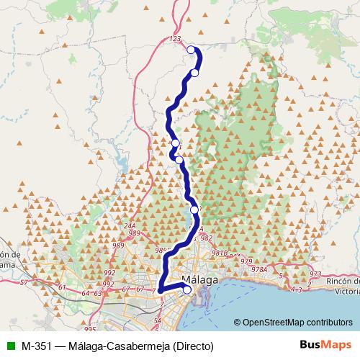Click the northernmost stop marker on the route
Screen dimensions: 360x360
[191, 50]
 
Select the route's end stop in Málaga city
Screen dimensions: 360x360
[187, 290]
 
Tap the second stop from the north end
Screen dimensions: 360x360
[194, 73]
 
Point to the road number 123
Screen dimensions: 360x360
[173, 38]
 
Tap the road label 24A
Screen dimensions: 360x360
[130, 225]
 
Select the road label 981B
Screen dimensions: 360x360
[219, 253]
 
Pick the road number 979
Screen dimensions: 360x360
[246, 261]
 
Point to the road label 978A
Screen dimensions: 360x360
[259, 269]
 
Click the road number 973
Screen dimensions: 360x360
[315, 274]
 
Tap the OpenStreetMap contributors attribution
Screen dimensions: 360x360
[297, 323]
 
